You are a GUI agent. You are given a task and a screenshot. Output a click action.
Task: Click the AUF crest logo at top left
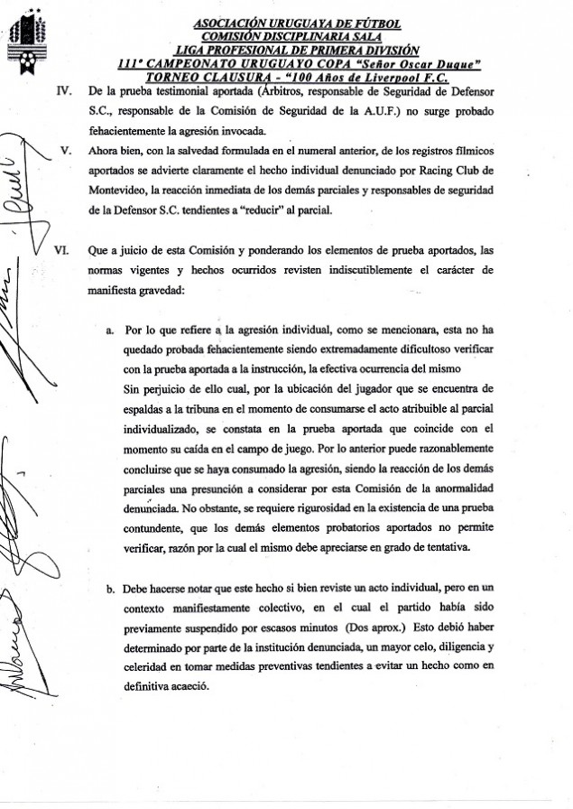(x=18, y=44)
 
